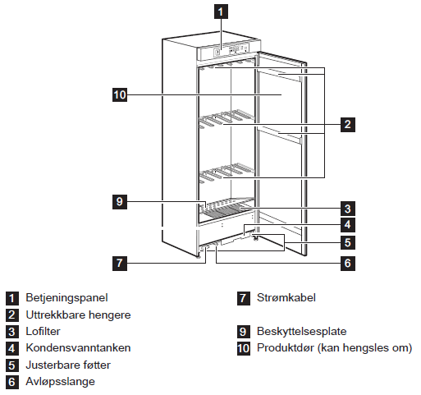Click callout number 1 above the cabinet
(x=221, y=11)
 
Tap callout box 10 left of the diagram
(x=120, y=94)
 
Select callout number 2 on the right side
(x=348, y=125)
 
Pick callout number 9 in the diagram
(x=120, y=202)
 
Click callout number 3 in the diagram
(x=348, y=209)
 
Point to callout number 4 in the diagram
(x=348, y=225)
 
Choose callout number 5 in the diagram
(x=348, y=242)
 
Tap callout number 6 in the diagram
(x=348, y=264)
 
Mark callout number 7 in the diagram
(x=120, y=264)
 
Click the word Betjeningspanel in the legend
(x=66, y=298)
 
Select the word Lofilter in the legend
(x=43, y=332)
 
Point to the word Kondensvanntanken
(x=78, y=348)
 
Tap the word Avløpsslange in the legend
(x=60, y=382)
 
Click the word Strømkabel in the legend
(x=286, y=298)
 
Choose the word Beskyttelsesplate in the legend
(x=302, y=332)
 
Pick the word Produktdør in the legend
(x=286, y=348)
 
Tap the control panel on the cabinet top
(x=227, y=51)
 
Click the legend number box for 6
(x=12, y=382)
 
